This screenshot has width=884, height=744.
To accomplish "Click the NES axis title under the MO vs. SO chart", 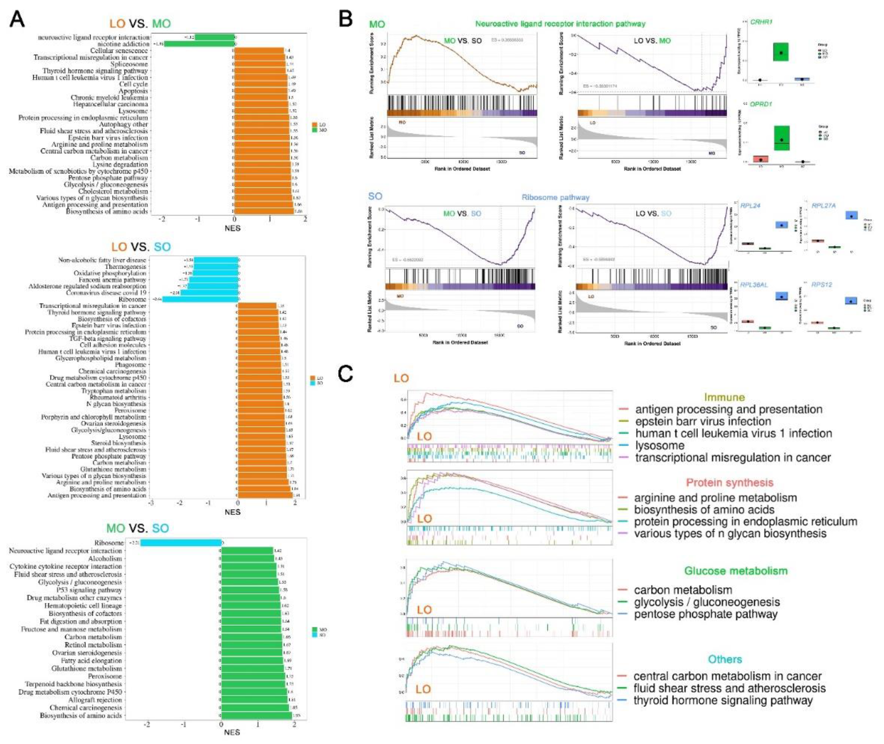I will [x=232, y=733].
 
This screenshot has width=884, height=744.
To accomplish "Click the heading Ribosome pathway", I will [x=555, y=197].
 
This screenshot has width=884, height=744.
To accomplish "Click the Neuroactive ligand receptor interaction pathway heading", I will [x=560, y=24].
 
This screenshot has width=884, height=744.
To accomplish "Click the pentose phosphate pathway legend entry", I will [x=705, y=614].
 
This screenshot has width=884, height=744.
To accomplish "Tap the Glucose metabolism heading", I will [x=736, y=571].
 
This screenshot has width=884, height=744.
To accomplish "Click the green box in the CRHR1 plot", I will [x=781, y=51].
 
